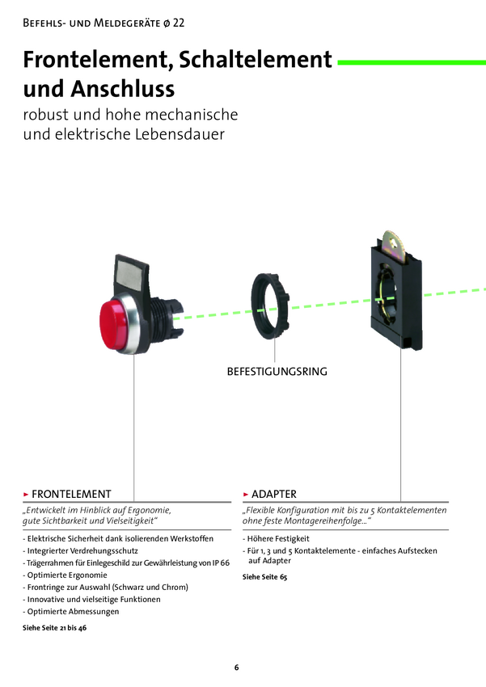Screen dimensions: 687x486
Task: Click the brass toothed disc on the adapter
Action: pyautogui.click(x=394, y=247)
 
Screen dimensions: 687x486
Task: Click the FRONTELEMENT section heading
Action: pyautogui.click(x=72, y=493)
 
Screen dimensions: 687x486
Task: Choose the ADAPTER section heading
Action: pyautogui.click(x=274, y=493)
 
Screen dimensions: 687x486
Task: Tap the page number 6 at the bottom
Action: pyautogui.click(x=237, y=667)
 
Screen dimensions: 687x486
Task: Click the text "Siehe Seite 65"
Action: pyautogui.click(x=265, y=577)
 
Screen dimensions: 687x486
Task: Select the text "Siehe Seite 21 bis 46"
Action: pyautogui.click(x=54, y=627)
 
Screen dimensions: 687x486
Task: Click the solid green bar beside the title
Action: pyautogui.click(x=410, y=61)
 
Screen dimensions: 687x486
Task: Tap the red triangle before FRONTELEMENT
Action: pyautogui.click(x=26, y=493)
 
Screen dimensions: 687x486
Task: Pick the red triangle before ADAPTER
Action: pyautogui.click(x=246, y=493)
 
